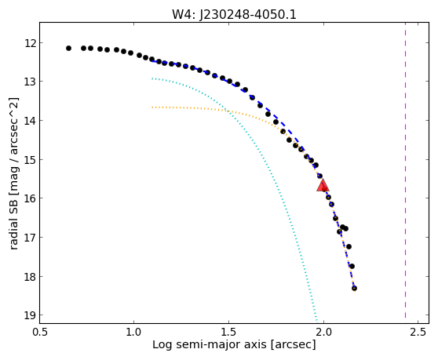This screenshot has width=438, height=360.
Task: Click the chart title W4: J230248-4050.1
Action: (x=234, y=14)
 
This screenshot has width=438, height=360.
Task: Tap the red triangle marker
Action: (x=323, y=186)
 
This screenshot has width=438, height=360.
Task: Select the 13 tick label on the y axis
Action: (x=30, y=82)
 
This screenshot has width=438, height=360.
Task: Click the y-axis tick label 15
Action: (x=30, y=160)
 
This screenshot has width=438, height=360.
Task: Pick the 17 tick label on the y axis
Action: (x=30, y=238)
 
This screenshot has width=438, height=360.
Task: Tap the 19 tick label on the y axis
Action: (x=30, y=315)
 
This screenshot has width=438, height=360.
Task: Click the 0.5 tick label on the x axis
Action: (x=40, y=332)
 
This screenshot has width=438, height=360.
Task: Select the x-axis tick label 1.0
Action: (x=133, y=332)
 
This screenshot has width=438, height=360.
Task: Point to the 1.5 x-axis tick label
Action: (x=228, y=332)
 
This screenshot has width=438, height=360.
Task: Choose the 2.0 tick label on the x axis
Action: (x=323, y=332)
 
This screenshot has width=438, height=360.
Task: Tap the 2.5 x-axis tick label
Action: (x=418, y=332)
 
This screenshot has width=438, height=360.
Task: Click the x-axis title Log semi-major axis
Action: (x=210, y=344)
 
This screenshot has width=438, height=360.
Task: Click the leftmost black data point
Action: (x=69, y=49)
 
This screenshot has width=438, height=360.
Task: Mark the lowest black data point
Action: (x=354, y=288)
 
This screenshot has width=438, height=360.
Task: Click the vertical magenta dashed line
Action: (x=405, y=173)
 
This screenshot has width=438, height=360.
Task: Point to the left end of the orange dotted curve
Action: (x=152, y=107)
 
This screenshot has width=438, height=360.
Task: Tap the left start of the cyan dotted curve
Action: (x=152, y=78)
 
